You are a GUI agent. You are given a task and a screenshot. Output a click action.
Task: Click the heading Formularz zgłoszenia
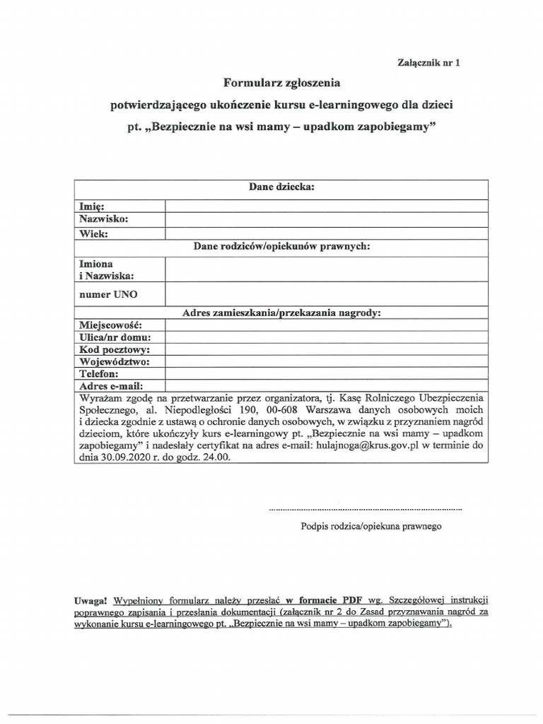[281, 83]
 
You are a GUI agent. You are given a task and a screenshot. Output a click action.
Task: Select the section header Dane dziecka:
[281, 187]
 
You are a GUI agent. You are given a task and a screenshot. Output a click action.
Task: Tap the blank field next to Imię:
[326, 206]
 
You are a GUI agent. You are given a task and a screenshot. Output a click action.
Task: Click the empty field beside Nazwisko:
[326, 219]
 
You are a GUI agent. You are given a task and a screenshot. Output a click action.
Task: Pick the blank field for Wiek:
[326, 233]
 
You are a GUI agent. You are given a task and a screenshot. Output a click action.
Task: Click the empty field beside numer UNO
[326, 293]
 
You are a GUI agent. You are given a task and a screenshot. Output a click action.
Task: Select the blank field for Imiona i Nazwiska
[326, 269]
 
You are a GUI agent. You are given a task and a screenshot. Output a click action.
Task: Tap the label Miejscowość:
[110, 325]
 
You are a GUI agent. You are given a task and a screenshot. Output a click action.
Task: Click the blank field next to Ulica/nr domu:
[326, 337]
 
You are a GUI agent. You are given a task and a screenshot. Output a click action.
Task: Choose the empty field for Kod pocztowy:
[326, 349]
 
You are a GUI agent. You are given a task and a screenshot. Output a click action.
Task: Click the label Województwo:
[114, 361]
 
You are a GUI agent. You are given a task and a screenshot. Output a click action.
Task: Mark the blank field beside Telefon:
[326, 373]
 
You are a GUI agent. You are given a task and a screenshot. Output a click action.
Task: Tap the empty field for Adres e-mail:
[326, 385]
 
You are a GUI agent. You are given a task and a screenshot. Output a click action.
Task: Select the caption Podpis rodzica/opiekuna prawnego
[371, 527]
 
